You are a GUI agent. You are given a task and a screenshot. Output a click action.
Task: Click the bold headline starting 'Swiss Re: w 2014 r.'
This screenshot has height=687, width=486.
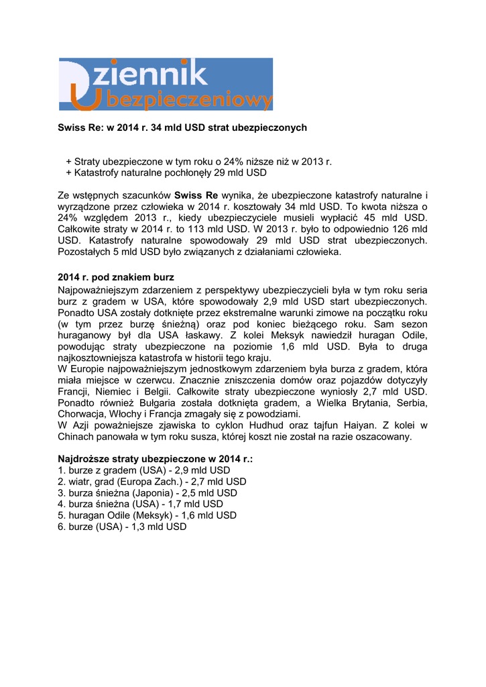click(182, 127)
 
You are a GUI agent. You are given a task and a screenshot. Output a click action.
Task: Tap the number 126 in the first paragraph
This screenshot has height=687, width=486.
click(396, 229)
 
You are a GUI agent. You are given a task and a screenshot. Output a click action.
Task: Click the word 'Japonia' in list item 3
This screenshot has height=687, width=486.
click(154, 493)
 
